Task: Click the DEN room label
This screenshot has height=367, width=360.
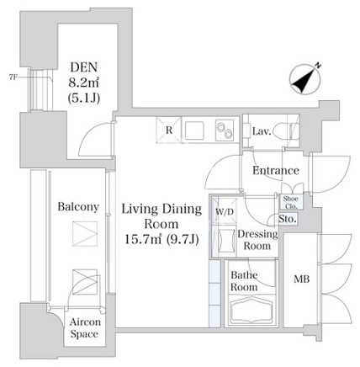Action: coord(84,67)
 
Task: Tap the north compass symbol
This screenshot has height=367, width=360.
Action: coord(306,78)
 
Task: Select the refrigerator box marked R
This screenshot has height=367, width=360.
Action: coord(169,130)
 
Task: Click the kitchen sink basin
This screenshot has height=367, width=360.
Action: coord(193,130)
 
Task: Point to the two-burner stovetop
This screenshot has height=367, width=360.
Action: coord(225,130)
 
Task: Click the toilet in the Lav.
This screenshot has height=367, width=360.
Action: coord(287,130)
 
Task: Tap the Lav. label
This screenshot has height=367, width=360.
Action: coord(262,131)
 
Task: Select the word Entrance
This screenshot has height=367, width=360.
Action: coord(276,170)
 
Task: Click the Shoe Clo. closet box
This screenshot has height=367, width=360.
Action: coord(290,202)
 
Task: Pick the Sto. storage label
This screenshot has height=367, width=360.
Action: coord(288,219)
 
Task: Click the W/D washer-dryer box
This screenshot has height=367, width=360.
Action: coord(225,211)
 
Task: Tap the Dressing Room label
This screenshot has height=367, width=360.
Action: coord(257,240)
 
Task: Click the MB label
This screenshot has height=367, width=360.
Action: coord(302,279)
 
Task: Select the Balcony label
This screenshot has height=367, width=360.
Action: coord(78,207)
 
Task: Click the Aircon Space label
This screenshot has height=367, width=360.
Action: coord(85,327)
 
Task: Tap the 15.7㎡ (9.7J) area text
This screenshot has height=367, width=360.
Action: coord(161,239)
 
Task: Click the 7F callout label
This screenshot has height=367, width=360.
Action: coord(13,77)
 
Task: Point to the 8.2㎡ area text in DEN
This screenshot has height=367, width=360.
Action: coord(84,82)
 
